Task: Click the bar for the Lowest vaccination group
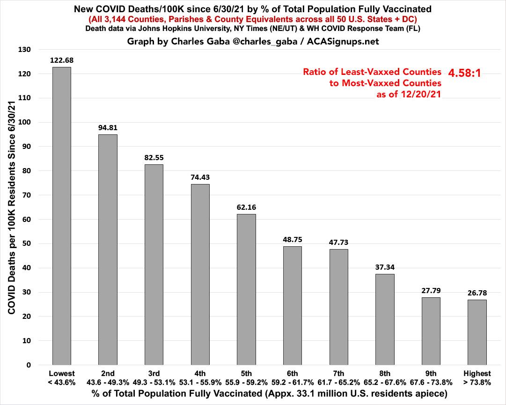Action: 61,216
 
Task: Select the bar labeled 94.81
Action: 108,250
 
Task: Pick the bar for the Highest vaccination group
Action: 477,332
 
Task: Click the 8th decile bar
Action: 385,319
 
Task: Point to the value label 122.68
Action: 62,60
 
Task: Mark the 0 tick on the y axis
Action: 29,365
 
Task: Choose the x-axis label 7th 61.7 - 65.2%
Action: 338,378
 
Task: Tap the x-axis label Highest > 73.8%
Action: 477,378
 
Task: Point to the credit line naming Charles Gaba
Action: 253,41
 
